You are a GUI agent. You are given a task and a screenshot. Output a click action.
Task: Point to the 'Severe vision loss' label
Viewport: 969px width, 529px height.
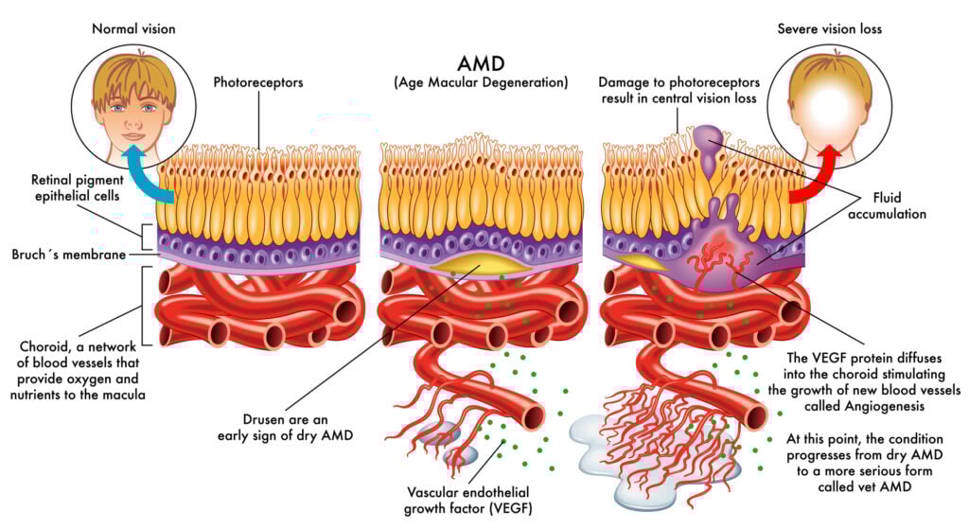click(829, 28)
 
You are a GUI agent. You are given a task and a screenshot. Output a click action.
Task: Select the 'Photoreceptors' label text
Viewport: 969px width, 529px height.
click(258, 83)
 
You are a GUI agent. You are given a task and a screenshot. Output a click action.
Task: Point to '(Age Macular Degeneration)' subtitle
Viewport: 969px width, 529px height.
click(481, 83)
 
